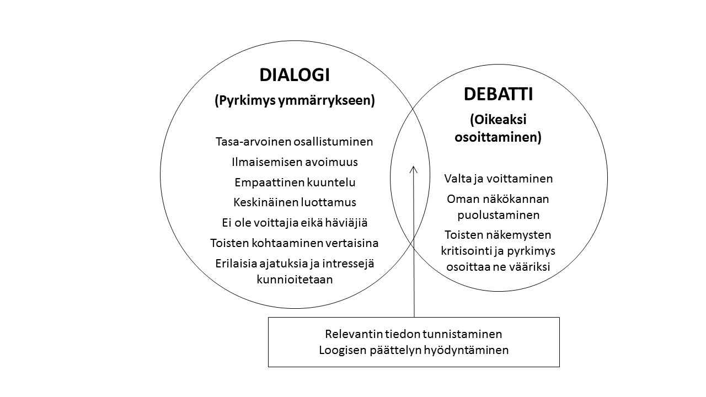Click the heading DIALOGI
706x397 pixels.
[x=295, y=75]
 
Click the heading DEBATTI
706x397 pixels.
[x=498, y=94]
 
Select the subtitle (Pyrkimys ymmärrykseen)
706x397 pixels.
[x=295, y=100]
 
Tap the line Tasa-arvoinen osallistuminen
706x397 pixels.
[x=295, y=142]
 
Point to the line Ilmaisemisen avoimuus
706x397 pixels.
[x=295, y=162]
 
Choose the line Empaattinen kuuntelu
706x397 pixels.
[x=295, y=183]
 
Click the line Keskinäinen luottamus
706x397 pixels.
[x=295, y=202]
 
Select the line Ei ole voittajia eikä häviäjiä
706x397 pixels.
[x=295, y=223]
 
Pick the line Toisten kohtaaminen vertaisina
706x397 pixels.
[x=295, y=243]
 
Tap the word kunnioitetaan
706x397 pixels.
[x=295, y=280]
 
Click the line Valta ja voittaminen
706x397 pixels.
[x=498, y=179]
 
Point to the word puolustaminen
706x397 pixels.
[x=498, y=215]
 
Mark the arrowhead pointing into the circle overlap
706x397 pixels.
[x=414, y=169]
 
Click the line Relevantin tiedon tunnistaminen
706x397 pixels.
[x=414, y=334]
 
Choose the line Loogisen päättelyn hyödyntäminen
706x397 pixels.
[x=414, y=350]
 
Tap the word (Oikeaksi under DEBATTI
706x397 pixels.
[x=498, y=120]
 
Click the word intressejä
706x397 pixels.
[x=348, y=264]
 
